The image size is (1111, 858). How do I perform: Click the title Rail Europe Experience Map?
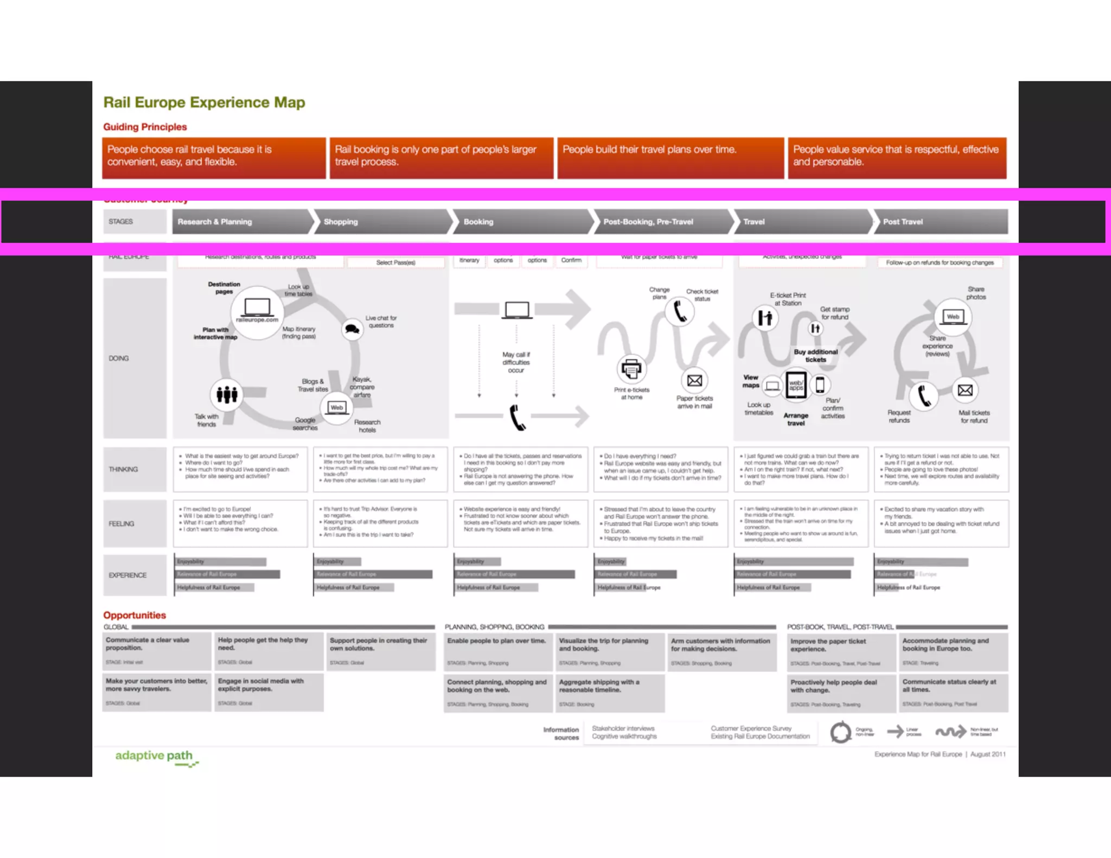(204, 103)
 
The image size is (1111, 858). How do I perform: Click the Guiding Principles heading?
(145, 127)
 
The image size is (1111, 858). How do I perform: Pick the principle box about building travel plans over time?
(670, 158)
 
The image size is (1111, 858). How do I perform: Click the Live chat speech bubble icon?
(352, 329)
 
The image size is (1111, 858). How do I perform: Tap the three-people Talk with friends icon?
(227, 394)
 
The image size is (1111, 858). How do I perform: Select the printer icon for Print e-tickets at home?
(631, 369)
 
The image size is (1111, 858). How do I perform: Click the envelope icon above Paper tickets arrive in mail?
(694, 381)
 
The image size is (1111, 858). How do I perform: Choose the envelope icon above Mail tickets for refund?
(965, 390)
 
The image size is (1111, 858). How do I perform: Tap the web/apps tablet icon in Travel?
(796, 385)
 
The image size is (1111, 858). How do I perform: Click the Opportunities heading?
(135, 615)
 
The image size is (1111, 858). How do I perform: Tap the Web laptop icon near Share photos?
(953, 317)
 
